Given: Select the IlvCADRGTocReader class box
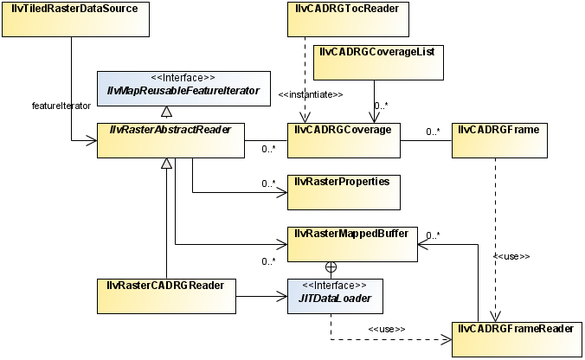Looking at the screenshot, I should (343, 19).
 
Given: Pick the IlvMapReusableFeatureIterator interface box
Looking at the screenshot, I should (171, 89).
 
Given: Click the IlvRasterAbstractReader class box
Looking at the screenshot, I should (171, 140).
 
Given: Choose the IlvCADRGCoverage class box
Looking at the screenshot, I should (343, 140).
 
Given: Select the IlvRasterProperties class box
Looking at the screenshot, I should (343, 192).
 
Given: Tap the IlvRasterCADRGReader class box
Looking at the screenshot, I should (165, 296).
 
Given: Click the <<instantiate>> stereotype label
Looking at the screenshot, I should (311, 93).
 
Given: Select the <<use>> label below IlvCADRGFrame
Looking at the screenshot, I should (511, 257).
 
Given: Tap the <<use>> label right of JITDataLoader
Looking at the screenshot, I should (386, 329).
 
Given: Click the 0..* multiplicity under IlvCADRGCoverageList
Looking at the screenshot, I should (382, 106).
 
